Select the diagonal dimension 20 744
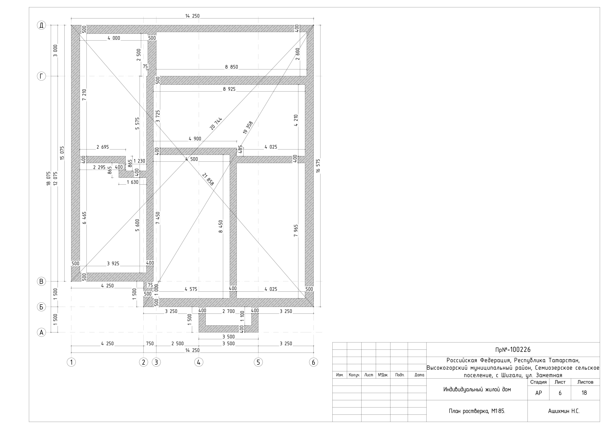[216, 124]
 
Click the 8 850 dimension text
[232, 67]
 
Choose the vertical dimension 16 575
[318, 166]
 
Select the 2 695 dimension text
[103, 147]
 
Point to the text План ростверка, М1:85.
[477, 411]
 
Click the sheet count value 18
[584, 393]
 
